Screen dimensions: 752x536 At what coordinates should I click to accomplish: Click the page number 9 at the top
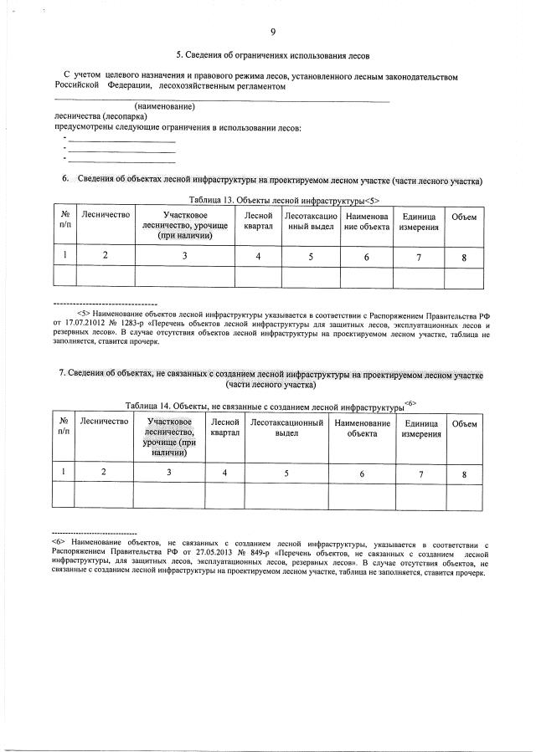272,32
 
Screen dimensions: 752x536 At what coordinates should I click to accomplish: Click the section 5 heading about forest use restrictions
272,55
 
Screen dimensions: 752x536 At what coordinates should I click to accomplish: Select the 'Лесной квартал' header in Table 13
258,222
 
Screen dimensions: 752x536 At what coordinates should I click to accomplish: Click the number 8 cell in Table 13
463,257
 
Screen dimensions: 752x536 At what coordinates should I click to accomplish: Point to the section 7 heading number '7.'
63,374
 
